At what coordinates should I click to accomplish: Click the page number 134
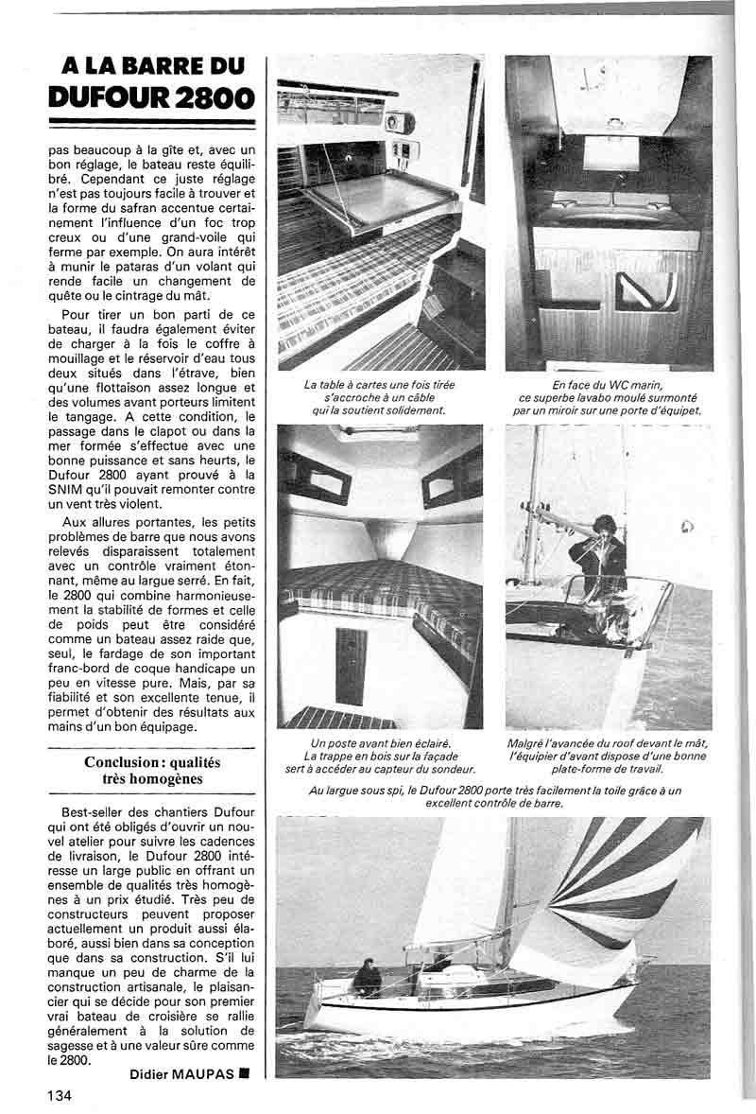click(58, 1095)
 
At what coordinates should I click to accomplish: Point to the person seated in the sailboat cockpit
click(366, 979)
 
